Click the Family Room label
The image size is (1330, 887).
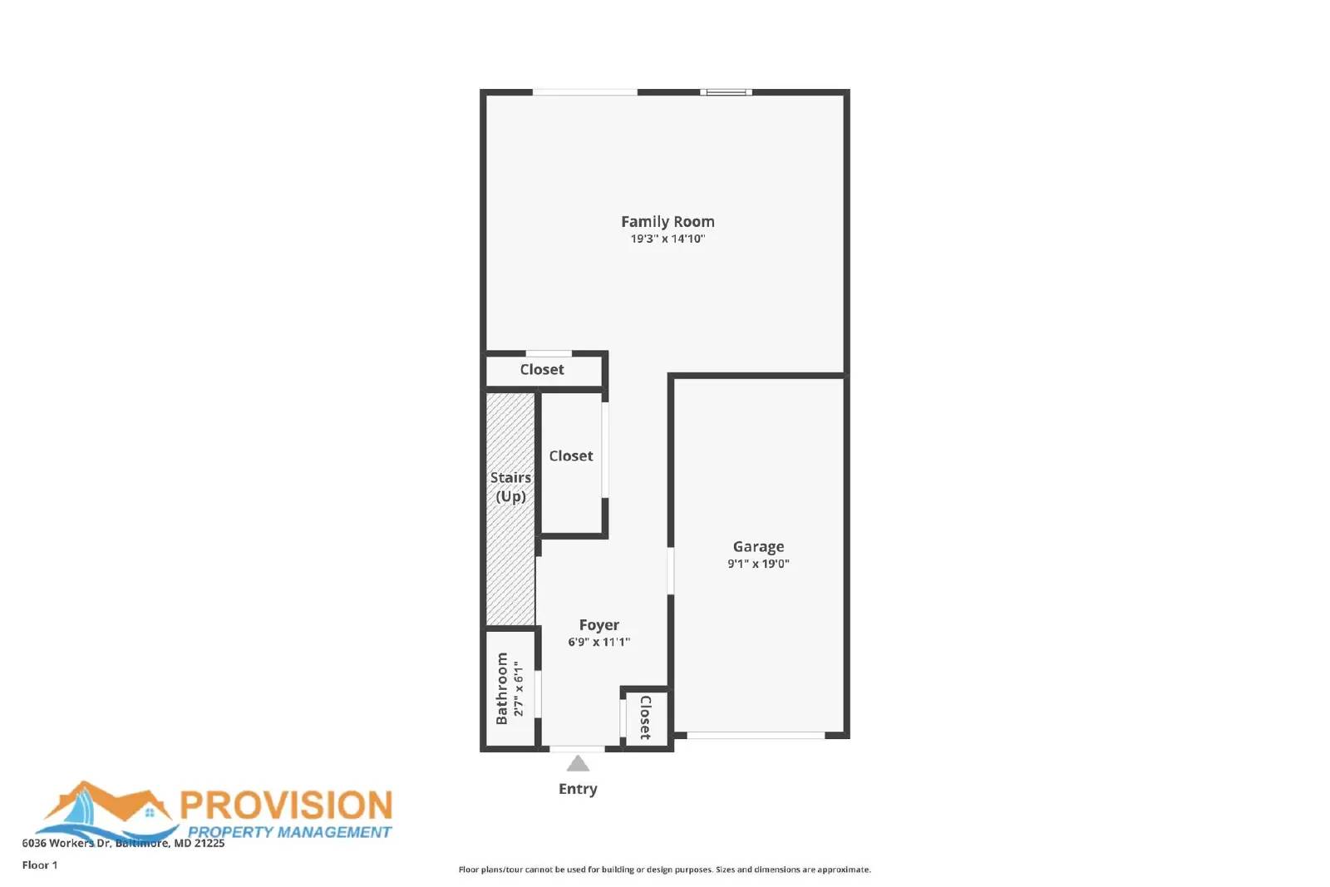(x=667, y=222)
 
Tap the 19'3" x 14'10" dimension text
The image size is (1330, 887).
(x=667, y=239)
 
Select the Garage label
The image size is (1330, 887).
(x=758, y=547)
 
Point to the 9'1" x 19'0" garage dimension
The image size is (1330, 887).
(x=758, y=564)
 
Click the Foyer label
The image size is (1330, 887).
(x=598, y=625)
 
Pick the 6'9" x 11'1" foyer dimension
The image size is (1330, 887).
(x=598, y=642)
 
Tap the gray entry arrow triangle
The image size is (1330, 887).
(x=578, y=764)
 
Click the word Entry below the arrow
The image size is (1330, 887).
(x=578, y=789)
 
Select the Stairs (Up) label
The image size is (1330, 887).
(x=510, y=487)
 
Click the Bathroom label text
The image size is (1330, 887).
(x=502, y=688)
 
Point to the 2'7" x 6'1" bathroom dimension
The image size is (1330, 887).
(x=519, y=688)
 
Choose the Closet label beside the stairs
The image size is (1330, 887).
(x=570, y=456)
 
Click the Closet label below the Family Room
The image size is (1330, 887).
(x=541, y=370)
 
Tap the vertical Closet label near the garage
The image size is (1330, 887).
(x=645, y=717)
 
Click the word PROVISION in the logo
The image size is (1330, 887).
(x=286, y=806)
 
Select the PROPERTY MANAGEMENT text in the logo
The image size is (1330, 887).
(x=288, y=832)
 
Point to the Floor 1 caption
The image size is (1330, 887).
(x=40, y=865)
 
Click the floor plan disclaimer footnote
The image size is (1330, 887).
(x=664, y=870)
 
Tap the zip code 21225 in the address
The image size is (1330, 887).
(x=209, y=843)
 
